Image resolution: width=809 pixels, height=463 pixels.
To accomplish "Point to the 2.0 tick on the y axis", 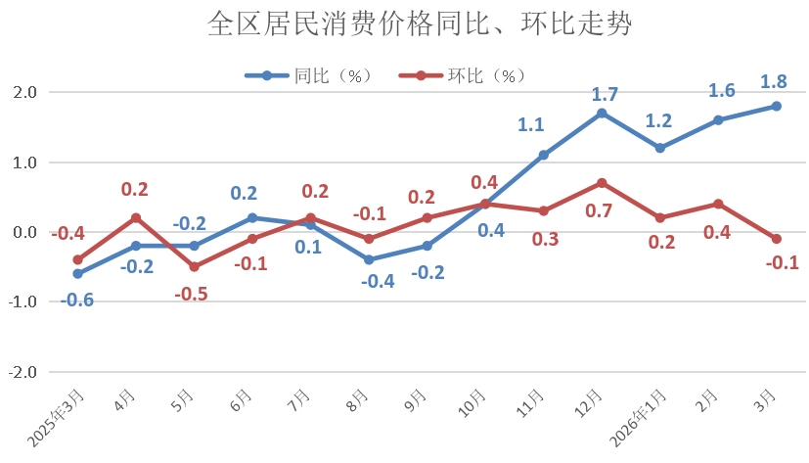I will [23, 92].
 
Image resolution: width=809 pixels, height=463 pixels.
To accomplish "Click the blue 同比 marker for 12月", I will [602, 114].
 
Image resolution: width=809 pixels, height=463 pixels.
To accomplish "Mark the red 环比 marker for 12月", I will [602, 183].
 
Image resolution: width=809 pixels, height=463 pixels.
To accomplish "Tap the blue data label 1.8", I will [777, 81].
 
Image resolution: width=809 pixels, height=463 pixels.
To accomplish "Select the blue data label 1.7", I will [605, 94].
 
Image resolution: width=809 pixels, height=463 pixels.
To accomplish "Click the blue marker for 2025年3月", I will [77, 274].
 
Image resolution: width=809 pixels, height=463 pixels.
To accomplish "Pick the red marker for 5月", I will [194, 267].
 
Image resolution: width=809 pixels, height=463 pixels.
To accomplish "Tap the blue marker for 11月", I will [544, 155].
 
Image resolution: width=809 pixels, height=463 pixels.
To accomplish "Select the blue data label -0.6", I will [77, 300].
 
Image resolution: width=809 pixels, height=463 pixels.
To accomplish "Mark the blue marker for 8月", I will [369, 259].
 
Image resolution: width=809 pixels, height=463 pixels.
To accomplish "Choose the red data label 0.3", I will [545, 240].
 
